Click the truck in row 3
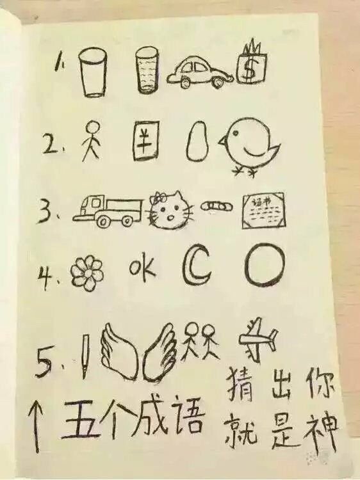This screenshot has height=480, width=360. [111, 211]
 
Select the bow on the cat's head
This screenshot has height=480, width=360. [159, 195]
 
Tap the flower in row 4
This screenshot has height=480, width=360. [86, 273]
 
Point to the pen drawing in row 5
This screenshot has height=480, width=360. [84, 355]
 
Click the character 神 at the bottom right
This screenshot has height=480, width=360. [325, 427]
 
